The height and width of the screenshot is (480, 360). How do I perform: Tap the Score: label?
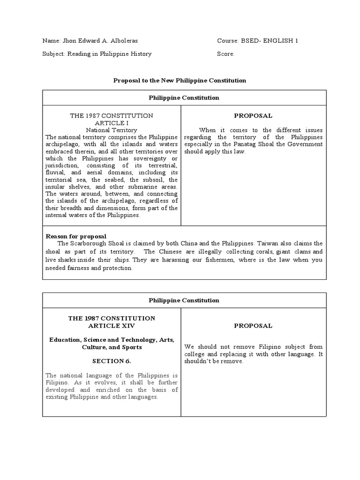click(x=226, y=54)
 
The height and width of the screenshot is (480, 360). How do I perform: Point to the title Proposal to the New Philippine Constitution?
click(x=180, y=81)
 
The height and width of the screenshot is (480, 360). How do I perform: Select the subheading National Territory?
click(x=111, y=130)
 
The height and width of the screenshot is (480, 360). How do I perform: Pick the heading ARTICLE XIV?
click(x=112, y=325)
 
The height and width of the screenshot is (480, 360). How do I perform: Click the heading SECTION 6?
click(x=112, y=362)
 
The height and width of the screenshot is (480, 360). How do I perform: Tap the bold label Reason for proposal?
click(x=76, y=236)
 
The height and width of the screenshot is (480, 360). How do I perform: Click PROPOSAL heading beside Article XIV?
click(x=254, y=326)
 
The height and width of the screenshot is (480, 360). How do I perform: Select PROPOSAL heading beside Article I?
click(x=254, y=116)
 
